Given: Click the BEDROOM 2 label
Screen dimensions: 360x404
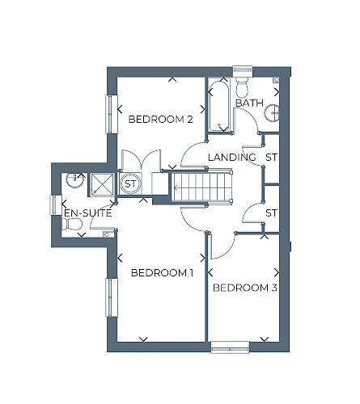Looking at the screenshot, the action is pos(161,119).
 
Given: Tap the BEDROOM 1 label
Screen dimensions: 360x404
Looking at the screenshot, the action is pos(162,273).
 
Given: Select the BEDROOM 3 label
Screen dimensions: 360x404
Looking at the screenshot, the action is pos(245,288).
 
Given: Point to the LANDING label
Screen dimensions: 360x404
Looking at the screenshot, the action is pos(232,157).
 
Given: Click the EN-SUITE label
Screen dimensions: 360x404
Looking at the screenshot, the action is pos(88,213).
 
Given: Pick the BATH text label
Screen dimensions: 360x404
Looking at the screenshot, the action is pos(249,103).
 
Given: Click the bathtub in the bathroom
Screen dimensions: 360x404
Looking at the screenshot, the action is pos(219,106).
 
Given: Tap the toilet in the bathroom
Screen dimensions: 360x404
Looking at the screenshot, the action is pos(242,86).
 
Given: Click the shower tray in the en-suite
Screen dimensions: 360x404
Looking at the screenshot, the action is pos(102,184).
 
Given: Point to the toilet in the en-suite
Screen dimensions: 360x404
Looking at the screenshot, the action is pos(72,224).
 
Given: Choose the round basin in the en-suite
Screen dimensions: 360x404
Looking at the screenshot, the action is pos(74,179).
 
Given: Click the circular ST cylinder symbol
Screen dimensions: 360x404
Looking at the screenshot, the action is pos(130,184).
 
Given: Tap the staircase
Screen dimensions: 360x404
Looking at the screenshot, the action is pos(202,187).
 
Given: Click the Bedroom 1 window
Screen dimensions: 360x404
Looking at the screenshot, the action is pos(112,297).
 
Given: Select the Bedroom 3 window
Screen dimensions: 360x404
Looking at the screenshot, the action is pos(230,347).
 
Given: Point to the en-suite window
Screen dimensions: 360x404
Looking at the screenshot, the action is pos(54,205).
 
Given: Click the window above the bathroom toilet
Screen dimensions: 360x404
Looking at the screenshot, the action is pos(243,70).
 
